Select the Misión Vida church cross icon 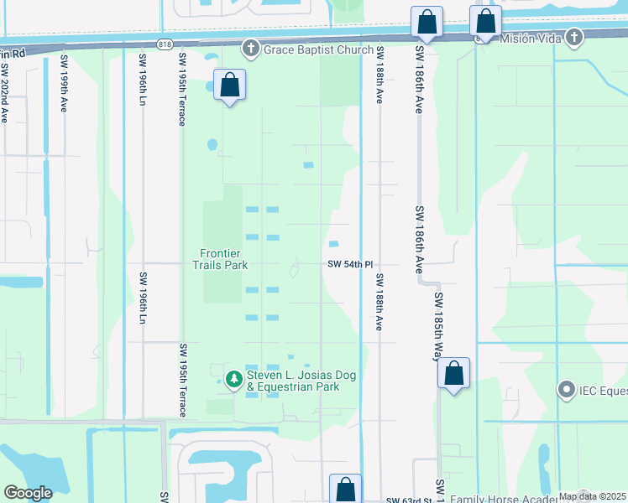click(574, 38)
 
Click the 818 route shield click(165, 44)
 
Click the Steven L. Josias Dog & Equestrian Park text click(303, 381)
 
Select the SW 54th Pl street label click(348, 264)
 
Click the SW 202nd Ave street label click(4, 85)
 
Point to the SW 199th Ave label click(64, 85)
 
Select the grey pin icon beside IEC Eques click(566, 390)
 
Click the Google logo click(27, 493)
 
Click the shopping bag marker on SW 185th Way click(453, 374)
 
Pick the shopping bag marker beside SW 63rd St click(345, 490)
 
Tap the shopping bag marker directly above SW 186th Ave click(427, 23)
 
